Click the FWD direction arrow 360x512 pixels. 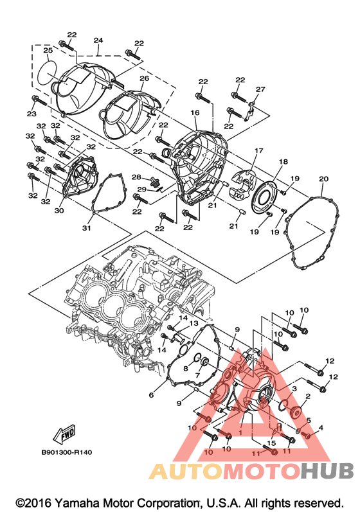[x=64, y=434]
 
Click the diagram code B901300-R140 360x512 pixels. [x=67, y=452]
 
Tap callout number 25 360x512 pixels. [x=48, y=50]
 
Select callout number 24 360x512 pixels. [x=98, y=40]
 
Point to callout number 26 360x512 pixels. [x=144, y=78]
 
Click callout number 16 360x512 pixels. [x=195, y=112]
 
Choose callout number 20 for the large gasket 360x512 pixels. [x=323, y=179]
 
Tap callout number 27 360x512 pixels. [x=260, y=89]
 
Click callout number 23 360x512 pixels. [x=32, y=114]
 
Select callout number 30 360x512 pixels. [x=59, y=211]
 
